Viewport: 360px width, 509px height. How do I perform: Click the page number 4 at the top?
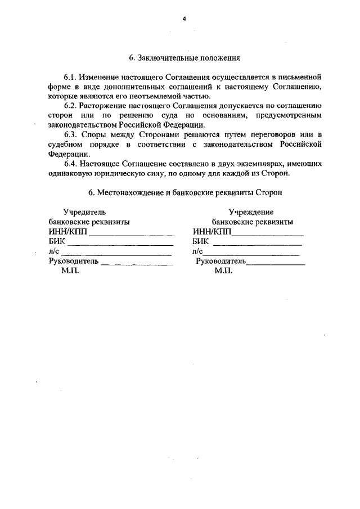point(183,19)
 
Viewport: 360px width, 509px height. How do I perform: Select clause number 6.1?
point(70,76)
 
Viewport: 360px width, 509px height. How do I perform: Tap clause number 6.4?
point(70,164)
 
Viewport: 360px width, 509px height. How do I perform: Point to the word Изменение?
point(99,76)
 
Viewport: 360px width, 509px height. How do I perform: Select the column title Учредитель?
point(84,212)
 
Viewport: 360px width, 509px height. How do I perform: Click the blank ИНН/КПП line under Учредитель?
point(132,233)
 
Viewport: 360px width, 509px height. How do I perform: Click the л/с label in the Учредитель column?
point(55,252)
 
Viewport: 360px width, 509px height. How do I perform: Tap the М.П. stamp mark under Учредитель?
point(71,271)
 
